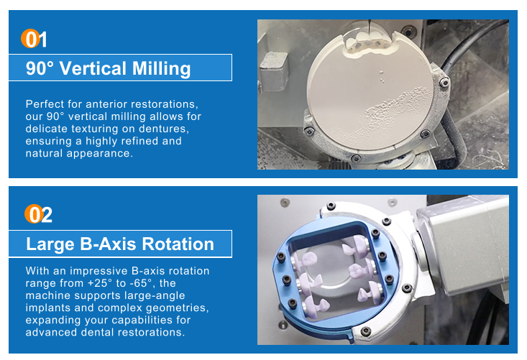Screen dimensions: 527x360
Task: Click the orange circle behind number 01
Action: coord(31,38)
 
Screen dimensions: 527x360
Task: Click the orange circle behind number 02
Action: coord(34,214)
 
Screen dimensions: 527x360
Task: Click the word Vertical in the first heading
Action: coord(93,68)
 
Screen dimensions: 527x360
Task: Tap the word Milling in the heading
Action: coord(161,68)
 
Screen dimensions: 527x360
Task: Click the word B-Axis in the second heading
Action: coord(108,244)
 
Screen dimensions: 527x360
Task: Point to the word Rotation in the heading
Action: coord(178,244)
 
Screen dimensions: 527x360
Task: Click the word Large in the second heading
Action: coord(50,245)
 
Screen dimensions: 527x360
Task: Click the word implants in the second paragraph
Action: coord(45,308)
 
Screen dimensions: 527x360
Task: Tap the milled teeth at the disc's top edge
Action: coord(367,42)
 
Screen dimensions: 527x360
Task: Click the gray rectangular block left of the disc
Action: coord(274,71)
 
